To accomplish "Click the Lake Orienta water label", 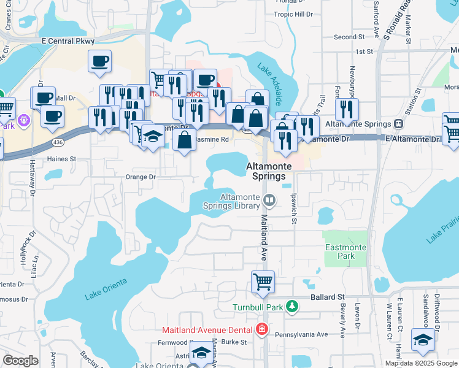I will coord(106,288).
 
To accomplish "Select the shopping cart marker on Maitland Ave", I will coord(263,282).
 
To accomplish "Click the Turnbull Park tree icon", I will coord(293,306).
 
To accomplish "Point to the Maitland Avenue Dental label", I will coord(208,330).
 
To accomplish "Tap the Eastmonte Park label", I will coord(345,251).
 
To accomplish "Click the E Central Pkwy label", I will coord(68,41).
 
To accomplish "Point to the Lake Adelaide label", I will coord(269,84).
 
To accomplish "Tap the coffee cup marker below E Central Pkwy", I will coord(99,61).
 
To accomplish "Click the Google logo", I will coord(20,361).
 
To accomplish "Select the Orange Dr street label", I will coord(141,177).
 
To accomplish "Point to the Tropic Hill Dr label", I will coord(293,14).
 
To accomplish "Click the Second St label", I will coord(349,37).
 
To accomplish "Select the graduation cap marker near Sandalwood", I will coord(423,341).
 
